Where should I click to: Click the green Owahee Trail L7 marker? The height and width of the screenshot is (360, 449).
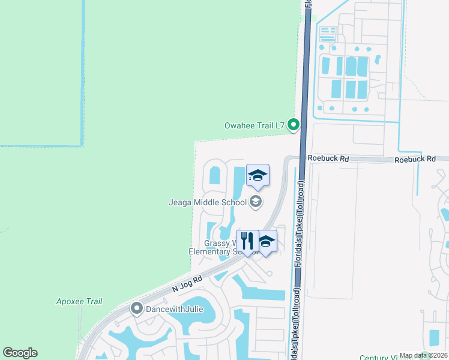coord(294,125)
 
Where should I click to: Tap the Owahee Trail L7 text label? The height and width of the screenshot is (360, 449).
coord(254,125)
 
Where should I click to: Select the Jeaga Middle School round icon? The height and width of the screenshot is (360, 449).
coord(256,202)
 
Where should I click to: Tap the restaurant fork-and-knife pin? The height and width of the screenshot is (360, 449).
coord(247,241)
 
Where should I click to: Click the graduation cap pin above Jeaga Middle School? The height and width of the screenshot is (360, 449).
coord(258,175)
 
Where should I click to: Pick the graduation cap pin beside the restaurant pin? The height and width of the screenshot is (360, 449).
coord(266,241)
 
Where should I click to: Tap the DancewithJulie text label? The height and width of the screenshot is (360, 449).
coord(174,310)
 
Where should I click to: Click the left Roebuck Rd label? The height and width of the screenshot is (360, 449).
coord(328,159)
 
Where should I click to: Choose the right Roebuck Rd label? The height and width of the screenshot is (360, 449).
coord(415,159)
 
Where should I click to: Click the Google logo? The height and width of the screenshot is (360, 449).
coord(20,353)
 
